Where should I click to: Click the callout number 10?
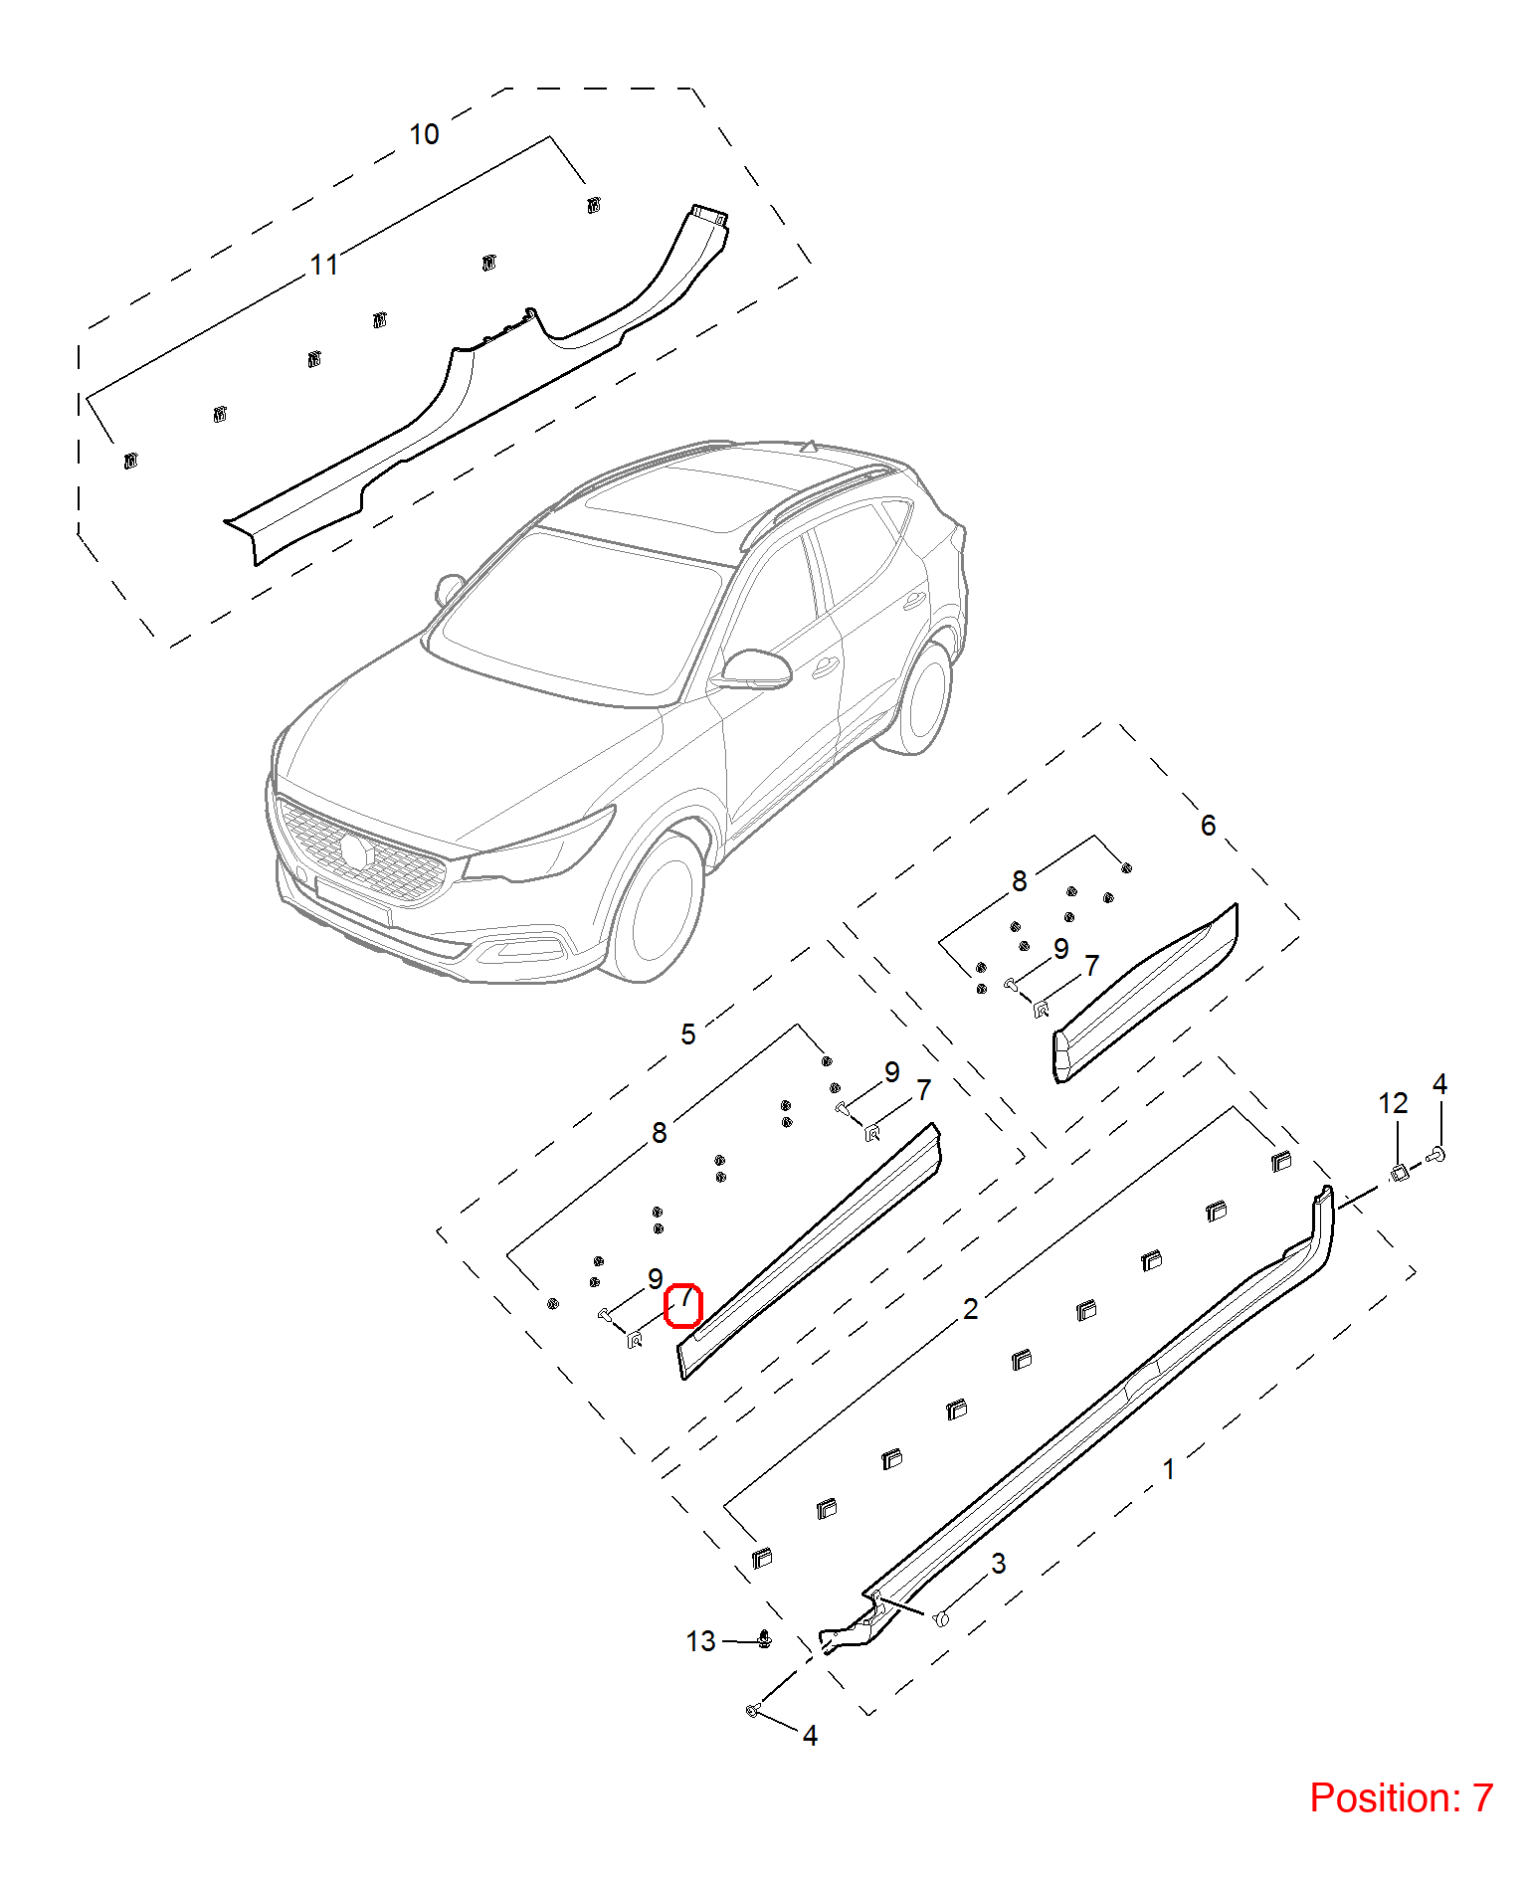pyautogui.click(x=424, y=134)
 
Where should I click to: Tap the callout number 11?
pyautogui.click(x=324, y=265)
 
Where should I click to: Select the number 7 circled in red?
pyautogui.click(x=684, y=1298)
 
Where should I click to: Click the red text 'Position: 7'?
pyautogui.click(x=1401, y=1797)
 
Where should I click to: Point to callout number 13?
pyautogui.click(x=700, y=1641)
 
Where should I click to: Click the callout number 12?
pyautogui.click(x=1393, y=1103)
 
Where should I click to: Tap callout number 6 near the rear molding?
pyautogui.click(x=1208, y=825)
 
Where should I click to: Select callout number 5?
pyautogui.click(x=687, y=1034)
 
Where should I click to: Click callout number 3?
pyautogui.click(x=999, y=1563)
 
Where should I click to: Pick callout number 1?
pyautogui.click(x=1169, y=1469)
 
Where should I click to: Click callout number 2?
pyautogui.click(x=970, y=1308)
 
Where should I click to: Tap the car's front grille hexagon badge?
pyautogui.click(x=355, y=850)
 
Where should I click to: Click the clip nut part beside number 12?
pyautogui.click(x=1399, y=1173)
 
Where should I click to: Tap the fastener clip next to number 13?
pyautogui.click(x=764, y=1638)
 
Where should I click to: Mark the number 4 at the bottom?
pyautogui.click(x=810, y=1736)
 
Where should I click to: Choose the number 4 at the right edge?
pyautogui.click(x=1439, y=1084)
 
